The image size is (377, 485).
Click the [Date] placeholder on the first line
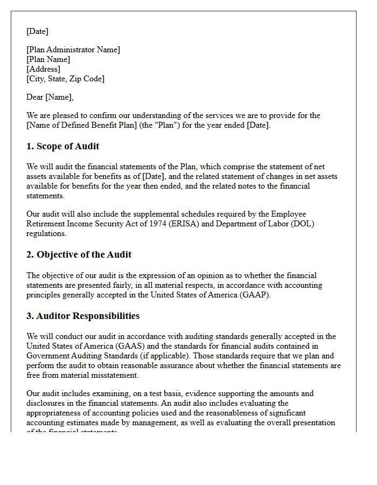click(37, 31)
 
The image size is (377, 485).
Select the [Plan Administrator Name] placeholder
click(73, 50)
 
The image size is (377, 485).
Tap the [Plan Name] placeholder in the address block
click(48, 59)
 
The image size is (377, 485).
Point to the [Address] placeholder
click(43, 69)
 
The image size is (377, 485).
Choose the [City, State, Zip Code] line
click(65, 79)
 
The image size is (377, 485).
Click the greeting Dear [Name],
click(50, 97)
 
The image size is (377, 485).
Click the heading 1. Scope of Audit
click(63, 146)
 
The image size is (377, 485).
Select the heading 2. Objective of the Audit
click(79, 254)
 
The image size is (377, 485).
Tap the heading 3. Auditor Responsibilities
click(83, 316)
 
